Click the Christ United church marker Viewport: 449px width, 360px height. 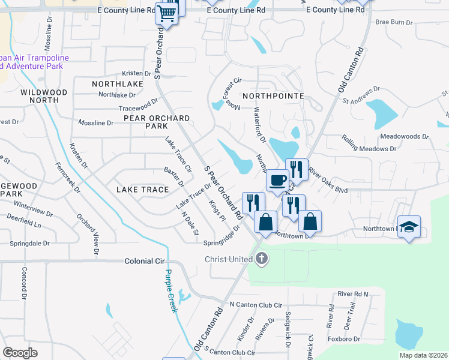(x=261, y=259)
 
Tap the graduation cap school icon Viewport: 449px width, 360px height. (x=409, y=227)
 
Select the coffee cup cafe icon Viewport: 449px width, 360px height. (x=278, y=180)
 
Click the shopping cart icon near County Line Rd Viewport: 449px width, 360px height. (x=167, y=13)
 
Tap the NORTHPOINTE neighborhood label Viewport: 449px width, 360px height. (x=273, y=96)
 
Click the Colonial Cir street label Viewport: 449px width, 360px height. (x=145, y=262)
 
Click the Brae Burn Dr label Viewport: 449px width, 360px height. (x=394, y=22)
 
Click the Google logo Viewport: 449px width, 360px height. (x=20, y=353)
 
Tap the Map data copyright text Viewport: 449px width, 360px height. (x=422, y=355)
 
